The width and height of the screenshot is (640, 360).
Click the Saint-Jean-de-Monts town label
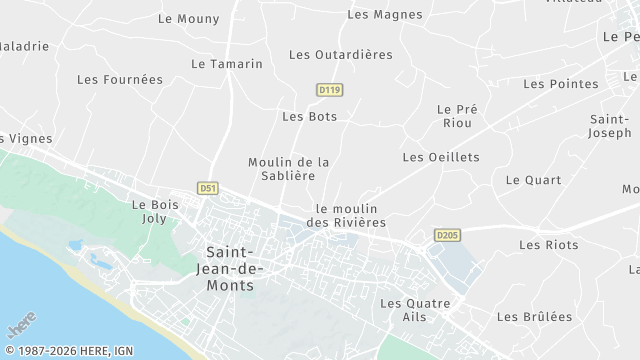(230, 269)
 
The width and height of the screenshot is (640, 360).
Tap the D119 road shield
(329, 90)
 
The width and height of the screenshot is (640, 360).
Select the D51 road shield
(208, 187)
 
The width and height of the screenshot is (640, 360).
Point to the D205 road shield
(447, 235)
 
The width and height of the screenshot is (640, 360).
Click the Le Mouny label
(188, 18)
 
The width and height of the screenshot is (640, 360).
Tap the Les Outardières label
(340, 54)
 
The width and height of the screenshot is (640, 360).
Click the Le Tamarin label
(226, 63)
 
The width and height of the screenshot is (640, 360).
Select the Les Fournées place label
(119, 79)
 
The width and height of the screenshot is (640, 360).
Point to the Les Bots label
(309, 116)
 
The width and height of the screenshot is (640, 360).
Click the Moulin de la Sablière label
(288, 168)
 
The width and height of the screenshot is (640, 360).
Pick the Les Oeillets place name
(440, 157)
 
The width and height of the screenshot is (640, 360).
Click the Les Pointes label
(559, 84)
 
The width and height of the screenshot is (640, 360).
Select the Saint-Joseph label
(610, 125)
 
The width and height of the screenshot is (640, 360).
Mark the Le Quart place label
(533, 180)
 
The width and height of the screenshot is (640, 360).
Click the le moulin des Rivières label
(350, 215)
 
